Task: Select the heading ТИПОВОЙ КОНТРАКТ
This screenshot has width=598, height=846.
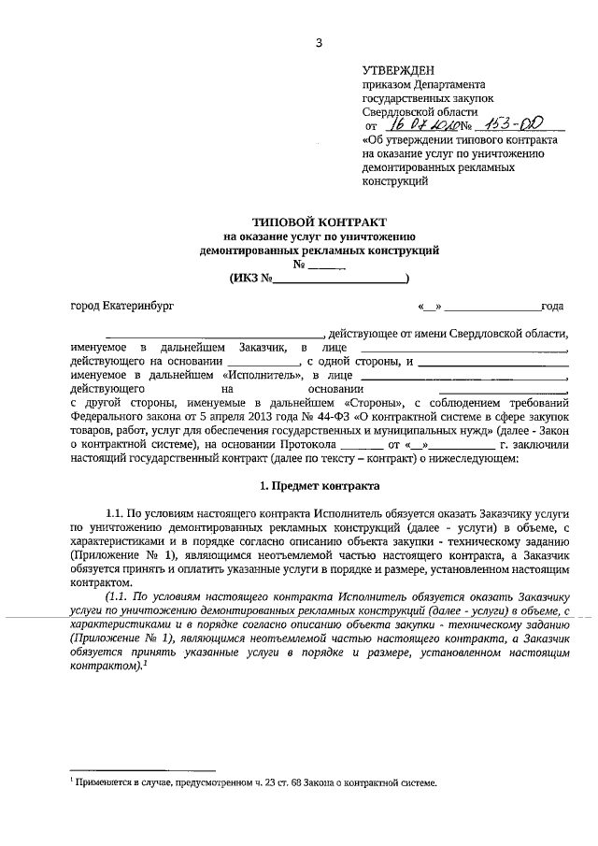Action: point(318,223)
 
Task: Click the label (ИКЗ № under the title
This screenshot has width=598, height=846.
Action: point(249,279)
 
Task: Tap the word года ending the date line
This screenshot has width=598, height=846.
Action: point(552,306)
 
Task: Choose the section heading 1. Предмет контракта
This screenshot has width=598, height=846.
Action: point(318,486)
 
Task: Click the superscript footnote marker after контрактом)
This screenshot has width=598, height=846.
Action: point(147,664)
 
